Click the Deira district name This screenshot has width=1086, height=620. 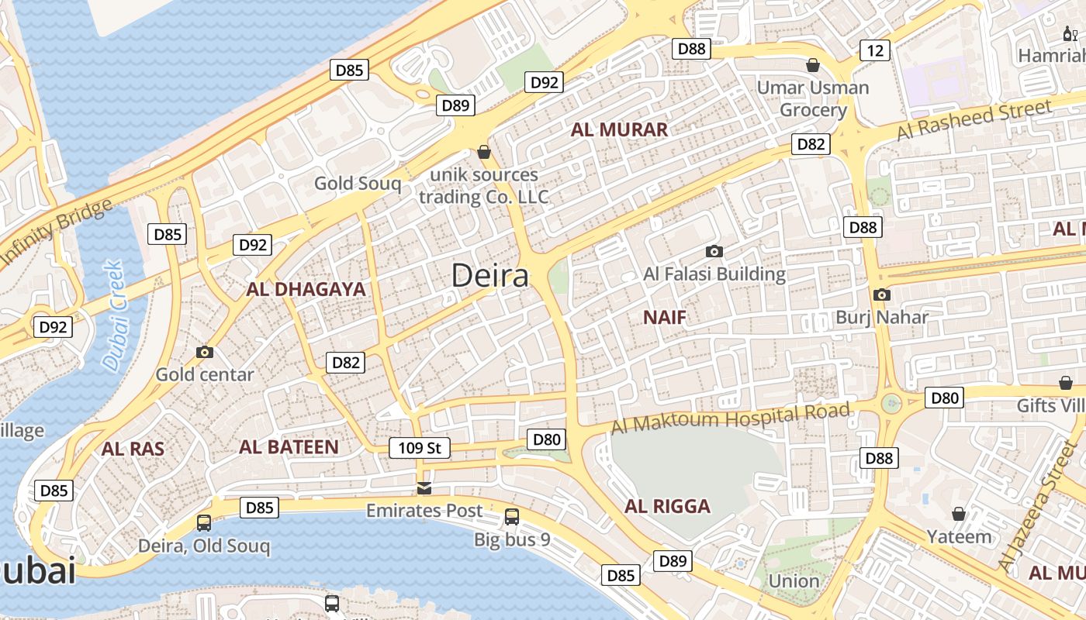click(489, 276)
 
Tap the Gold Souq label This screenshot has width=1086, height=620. click(358, 184)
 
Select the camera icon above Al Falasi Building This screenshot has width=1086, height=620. click(714, 251)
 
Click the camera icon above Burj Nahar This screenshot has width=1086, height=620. click(881, 294)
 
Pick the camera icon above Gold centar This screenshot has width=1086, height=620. click(205, 352)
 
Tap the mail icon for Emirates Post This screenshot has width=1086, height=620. click(424, 488)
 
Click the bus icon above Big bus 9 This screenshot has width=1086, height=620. click(512, 516)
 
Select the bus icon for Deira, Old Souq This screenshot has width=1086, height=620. click(204, 523)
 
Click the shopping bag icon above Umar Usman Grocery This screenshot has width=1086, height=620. click(813, 65)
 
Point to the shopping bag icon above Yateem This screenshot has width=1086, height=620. click(959, 514)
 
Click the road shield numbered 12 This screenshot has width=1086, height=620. click(875, 51)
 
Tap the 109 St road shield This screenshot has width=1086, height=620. click(419, 448)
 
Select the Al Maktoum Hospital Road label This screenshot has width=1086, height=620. click(730, 418)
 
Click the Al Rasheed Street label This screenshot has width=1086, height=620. click(974, 121)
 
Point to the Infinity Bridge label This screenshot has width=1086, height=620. click(56, 234)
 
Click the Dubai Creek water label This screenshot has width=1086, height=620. click(113, 315)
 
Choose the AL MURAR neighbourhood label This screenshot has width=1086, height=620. click(619, 130)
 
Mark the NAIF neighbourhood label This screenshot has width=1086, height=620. click(665, 317)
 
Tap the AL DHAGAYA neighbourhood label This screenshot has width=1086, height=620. click(306, 290)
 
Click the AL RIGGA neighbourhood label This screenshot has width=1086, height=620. click(667, 507)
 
